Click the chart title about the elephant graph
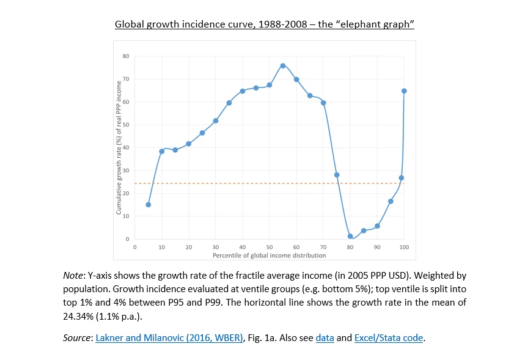point(265,24)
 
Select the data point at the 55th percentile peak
point(283,65)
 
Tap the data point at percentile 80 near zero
point(350,236)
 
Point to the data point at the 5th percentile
point(149,205)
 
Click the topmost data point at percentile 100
point(404,90)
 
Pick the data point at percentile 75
point(337,175)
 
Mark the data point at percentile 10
point(162,151)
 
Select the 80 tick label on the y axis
point(126,56)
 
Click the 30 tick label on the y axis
point(126,171)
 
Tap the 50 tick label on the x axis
point(270,247)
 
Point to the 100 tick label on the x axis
point(404,247)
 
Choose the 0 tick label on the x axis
point(135,247)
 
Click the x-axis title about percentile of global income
point(269,254)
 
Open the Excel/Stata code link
point(388,337)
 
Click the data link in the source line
point(325,337)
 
